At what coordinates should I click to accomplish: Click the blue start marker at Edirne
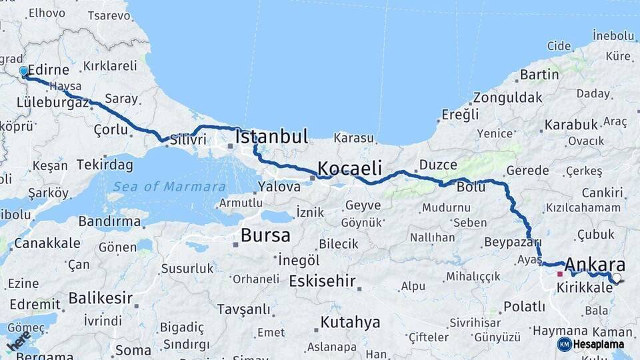[24, 71]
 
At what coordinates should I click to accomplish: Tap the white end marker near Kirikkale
[617, 279]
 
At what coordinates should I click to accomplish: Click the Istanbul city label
[272, 137]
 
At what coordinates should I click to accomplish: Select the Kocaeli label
[349, 167]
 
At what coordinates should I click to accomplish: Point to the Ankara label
[595, 264]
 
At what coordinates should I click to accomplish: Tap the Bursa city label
[265, 235]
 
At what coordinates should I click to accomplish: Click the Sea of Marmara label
[169, 187]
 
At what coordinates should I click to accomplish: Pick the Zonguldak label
[507, 97]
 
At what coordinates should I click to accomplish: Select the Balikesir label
[100, 298]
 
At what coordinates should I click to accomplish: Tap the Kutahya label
[350, 323]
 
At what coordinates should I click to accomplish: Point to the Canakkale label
[47, 243]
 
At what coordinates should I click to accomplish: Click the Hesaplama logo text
[598, 344]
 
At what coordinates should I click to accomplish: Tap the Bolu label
[471, 187]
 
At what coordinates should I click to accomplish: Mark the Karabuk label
[571, 125]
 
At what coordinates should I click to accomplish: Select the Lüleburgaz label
[53, 103]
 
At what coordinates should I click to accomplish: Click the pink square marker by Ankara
[560, 273]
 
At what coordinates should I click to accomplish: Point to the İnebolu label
[613, 35]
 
